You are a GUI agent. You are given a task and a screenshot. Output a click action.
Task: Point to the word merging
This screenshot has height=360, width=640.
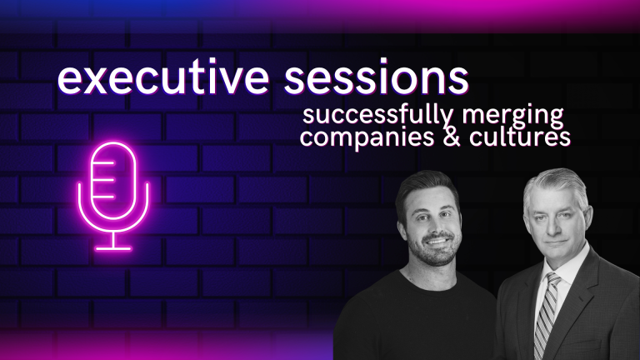pos(512,116)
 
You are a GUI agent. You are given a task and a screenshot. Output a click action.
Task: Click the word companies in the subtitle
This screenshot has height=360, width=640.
pos(367,137)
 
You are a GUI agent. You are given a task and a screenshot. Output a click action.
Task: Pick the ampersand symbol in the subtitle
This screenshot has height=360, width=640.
pos(452,137)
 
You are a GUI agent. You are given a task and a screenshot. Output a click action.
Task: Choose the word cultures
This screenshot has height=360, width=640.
pos(520,137)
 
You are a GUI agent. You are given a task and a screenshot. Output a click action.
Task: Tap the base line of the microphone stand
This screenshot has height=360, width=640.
pos(113,248)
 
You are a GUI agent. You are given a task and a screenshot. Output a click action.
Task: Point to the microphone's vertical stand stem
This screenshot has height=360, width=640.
pos(113,240)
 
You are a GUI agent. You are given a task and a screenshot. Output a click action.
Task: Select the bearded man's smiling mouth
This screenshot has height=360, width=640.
pos(437,241)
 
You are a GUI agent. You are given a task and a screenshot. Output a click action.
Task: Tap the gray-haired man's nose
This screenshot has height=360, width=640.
pos(554,225)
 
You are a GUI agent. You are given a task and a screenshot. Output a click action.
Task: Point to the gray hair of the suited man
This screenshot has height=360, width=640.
pos(556,183)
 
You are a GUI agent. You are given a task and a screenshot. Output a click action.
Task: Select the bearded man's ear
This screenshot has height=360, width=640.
pos(402,232)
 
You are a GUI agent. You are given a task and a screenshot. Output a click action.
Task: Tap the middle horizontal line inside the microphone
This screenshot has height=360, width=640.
pos(104,180)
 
